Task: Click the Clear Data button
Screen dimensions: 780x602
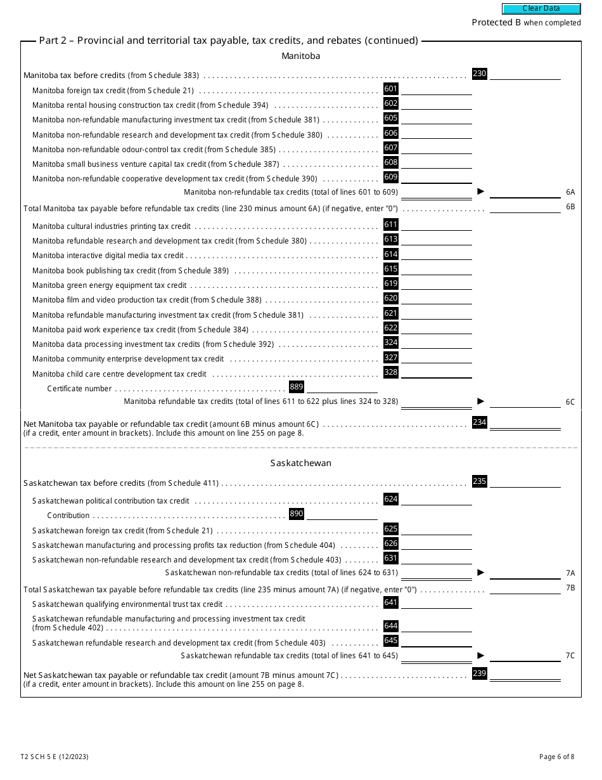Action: click(541, 9)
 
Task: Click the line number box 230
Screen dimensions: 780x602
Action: click(479, 74)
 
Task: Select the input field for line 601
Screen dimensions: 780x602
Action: click(436, 89)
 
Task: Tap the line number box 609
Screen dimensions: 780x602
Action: click(391, 178)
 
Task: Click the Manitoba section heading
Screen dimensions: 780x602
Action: click(300, 56)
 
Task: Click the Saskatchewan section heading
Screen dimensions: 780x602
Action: click(300, 463)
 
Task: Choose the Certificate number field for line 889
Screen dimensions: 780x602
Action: click(342, 387)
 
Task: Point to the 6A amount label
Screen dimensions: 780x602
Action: click(570, 192)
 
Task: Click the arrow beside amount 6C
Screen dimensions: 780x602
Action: click(480, 401)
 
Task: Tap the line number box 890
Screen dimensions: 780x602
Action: click(296, 514)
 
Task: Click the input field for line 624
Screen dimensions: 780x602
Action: click(436, 500)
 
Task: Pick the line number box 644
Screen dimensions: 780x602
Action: click(391, 626)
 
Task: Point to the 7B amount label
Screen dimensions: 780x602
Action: click(570, 588)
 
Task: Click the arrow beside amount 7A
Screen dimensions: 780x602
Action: click(480, 573)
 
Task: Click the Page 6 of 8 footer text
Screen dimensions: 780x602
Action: click(556, 757)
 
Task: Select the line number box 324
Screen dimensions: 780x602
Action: click(391, 342)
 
